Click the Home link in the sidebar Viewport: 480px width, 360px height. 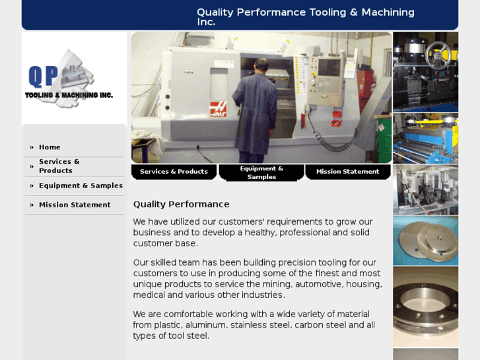coord(50,147)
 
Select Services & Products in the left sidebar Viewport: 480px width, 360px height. coord(59,166)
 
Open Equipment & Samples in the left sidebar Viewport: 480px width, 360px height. coord(81,186)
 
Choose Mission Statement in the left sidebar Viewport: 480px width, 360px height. coord(75,205)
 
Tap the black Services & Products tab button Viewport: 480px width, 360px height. coord(174,172)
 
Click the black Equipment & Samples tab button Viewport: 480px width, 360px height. coord(261,172)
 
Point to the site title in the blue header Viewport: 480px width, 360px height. coord(306,17)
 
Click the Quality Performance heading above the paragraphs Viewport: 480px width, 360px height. coord(182,204)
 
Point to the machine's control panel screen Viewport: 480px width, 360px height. coord(328,67)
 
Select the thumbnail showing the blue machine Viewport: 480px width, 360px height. coord(425,138)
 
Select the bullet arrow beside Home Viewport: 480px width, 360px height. coord(32,147)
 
